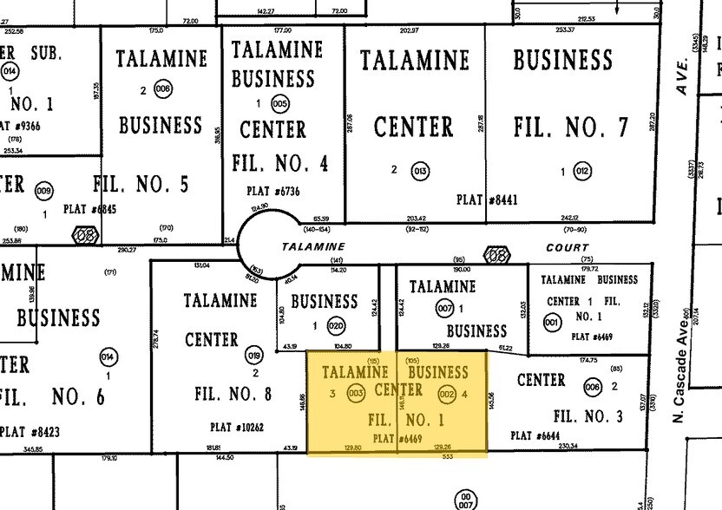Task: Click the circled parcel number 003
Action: click(355, 394)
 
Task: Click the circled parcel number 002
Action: click(447, 394)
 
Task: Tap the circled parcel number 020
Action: click(336, 327)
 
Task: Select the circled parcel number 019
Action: click(254, 355)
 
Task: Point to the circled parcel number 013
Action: click(421, 171)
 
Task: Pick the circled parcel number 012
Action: click(582, 172)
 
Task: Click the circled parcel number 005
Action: click(279, 103)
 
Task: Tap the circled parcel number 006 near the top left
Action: click(162, 89)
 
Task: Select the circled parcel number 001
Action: click(551, 323)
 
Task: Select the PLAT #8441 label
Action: click(486, 199)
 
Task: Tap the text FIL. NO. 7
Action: click(570, 127)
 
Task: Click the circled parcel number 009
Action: click(43, 190)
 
